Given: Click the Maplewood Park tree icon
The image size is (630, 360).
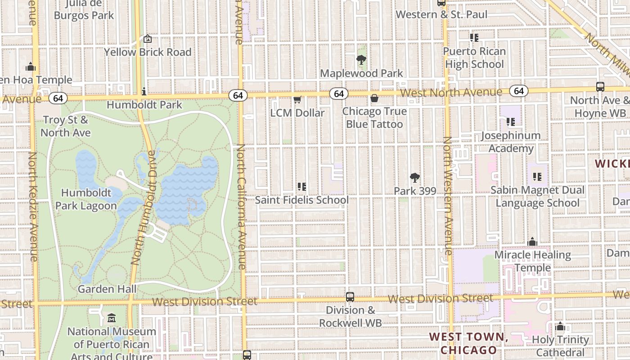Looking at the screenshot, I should click(361, 59).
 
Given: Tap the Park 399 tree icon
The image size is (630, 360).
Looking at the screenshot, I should click(414, 177).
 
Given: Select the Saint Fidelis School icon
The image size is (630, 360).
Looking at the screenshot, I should click(302, 186).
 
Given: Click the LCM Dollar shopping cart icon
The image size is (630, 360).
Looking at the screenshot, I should click(297, 99).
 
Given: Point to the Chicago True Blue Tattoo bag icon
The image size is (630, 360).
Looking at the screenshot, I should click(374, 98).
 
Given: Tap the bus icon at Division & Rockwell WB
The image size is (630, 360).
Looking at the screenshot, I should click(350, 297).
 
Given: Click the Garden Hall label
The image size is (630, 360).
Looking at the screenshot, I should click(107, 289).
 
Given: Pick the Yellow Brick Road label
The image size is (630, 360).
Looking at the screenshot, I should click(148, 52).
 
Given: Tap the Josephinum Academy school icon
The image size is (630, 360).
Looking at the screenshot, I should click(510, 121).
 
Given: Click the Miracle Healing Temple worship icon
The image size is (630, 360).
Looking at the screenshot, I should click(532, 242).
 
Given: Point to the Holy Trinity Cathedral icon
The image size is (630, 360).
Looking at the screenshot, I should click(560, 326).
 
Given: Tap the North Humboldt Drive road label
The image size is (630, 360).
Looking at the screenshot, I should click(143, 207).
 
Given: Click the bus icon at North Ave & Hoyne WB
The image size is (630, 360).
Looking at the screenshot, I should click(600, 87).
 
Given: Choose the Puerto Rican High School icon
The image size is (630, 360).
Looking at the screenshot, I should click(474, 37).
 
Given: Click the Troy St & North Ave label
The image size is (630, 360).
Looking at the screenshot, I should click(66, 126).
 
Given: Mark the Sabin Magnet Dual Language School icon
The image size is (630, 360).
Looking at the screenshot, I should click(537, 177).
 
